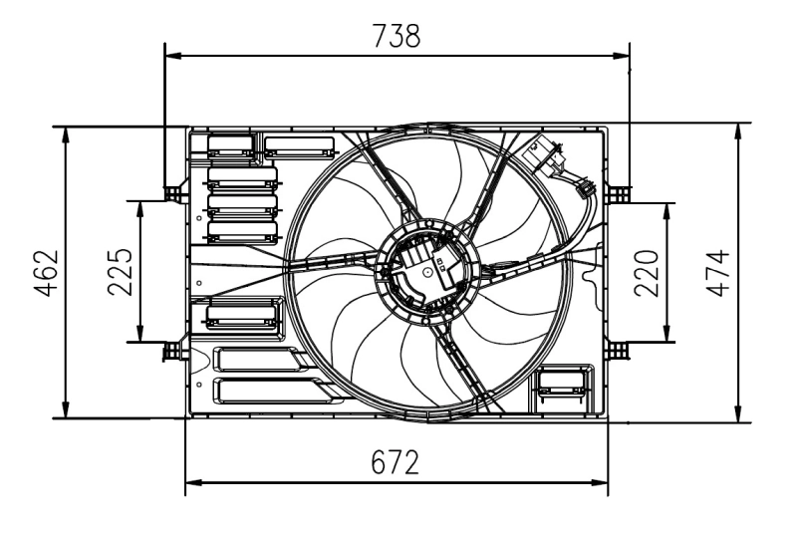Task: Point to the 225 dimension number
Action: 119,271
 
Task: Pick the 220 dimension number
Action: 647,271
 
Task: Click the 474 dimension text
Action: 717,271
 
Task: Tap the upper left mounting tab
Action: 175,190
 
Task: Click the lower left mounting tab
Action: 175,350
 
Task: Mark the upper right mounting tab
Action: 619,190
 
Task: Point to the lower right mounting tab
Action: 619,350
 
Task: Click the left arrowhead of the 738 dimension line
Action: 170,55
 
